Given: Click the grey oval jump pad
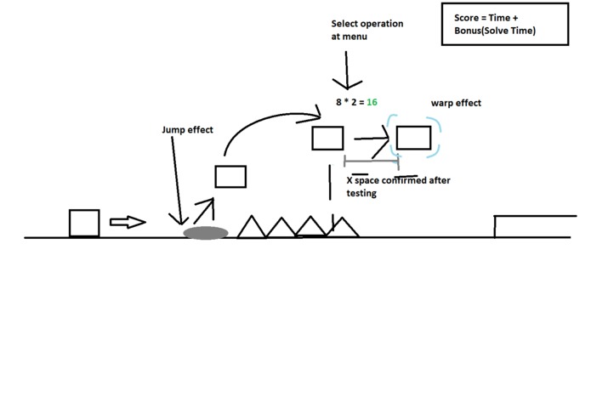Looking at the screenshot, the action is tap(206, 233).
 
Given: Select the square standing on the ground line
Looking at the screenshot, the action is tap(84, 223).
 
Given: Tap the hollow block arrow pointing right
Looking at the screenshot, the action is tap(128, 222).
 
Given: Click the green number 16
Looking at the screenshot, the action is tap(372, 102).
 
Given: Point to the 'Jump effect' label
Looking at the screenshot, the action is tap(187, 129).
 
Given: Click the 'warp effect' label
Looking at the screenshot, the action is tap(456, 103).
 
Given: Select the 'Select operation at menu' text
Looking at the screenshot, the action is tap(367, 30).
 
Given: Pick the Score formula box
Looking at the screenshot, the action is tap(505, 24).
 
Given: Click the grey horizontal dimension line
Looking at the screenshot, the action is tap(372, 161).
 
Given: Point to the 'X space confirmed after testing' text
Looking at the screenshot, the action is tap(399, 186).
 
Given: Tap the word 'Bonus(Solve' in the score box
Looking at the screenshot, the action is tap(478, 31).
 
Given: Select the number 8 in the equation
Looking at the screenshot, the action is tap(338, 102).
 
